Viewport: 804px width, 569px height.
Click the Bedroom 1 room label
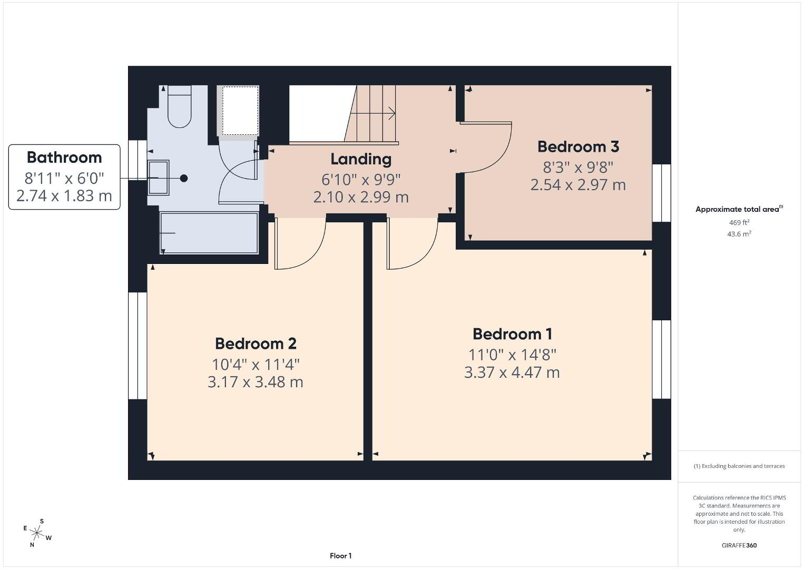tap(512, 334)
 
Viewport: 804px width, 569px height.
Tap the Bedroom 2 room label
tap(256, 344)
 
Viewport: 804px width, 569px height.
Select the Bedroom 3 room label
tap(578, 147)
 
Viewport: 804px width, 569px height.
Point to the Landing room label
tap(361, 160)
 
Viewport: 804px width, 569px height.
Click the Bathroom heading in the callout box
tap(64, 158)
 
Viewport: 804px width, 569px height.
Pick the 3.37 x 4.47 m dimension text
tap(512, 372)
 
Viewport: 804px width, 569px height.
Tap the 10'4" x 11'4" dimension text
tap(256, 365)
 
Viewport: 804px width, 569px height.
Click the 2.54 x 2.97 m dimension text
tap(578, 185)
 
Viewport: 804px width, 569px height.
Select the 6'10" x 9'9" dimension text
tap(361, 180)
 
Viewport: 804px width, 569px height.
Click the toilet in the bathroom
tap(180, 106)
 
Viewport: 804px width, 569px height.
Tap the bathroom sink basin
tap(158, 178)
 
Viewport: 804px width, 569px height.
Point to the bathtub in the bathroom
tap(209, 233)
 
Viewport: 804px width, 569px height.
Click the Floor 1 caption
tap(341, 556)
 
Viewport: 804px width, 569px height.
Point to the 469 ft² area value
tap(739, 222)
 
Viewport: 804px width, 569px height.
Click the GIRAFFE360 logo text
tap(739, 545)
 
